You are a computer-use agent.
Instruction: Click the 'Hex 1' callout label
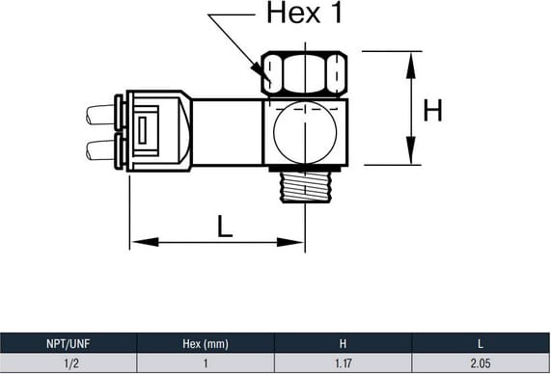pyautogui.click(x=304, y=13)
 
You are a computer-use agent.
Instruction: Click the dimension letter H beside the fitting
pyautogui.click(x=432, y=111)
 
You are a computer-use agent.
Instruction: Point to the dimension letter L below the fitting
pyautogui.click(x=225, y=227)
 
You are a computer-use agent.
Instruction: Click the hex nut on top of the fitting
pyautogui.click(x=304, y=73)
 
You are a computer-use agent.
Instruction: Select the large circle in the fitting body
pyautogui.click(x=305, y=132)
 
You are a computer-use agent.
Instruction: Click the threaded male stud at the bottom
pyautogui.click(x=305, y=187)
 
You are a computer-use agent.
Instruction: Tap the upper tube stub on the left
pyautogui.click(x=101, y=115)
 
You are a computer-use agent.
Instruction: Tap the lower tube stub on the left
pyautogui.click(x=101, y=150)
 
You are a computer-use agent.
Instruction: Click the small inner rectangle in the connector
pyautogui.click(x=142, y=131)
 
